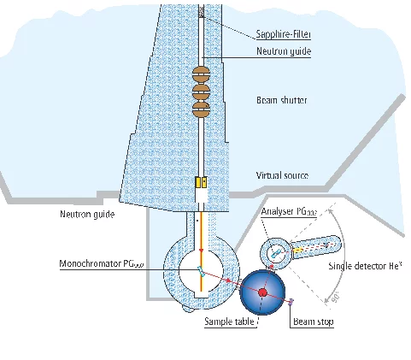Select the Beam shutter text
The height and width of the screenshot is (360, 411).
point(281,100)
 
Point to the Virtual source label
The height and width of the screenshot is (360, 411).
point(282,175)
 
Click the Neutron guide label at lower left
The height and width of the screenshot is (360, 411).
point(86,214)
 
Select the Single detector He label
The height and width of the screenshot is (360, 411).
point(365,266)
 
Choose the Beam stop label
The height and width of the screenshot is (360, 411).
point(313,322)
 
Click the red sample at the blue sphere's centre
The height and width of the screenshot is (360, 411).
point(263,292)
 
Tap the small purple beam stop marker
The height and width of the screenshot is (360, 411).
point(291,301)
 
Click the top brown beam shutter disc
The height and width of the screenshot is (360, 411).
point(201,73)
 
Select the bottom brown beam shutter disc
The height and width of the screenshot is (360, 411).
point(201,107)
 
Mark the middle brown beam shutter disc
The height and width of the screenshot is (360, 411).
point(201,90)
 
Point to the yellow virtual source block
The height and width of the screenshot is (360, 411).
point(201,183)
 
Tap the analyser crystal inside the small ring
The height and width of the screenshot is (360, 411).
point(275,252)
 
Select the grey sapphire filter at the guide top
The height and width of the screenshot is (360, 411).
point(201,13)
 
